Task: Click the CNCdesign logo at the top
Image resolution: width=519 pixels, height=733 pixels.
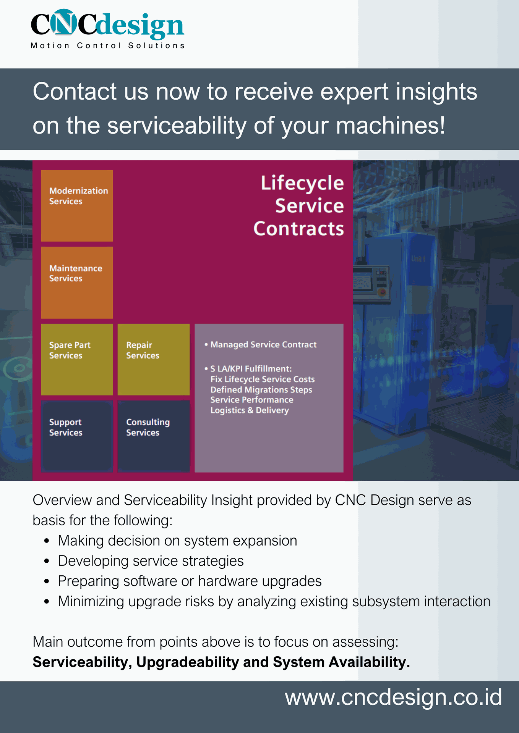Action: pyautogui.click(x=107, y=24)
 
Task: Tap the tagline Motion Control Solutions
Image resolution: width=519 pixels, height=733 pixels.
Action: pyautogui.click(x=108, y=45)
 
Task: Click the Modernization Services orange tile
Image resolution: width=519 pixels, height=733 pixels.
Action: pyautogui.click(x=77, y=205)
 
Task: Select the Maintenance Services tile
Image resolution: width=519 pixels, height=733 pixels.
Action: pyautogui.click(x=77, y=283)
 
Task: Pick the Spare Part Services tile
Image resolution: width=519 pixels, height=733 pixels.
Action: pyautogui.click(x=77, y=359)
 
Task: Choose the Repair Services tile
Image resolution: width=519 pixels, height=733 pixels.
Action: pyautogui.click(x=153, y=359)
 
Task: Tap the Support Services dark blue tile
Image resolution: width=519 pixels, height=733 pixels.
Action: pyautogui.click(x=77, y=436)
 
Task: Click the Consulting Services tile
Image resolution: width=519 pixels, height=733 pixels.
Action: pyautogui.click(x=153, y=436)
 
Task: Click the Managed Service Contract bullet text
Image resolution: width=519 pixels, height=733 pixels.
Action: pyautogui.click(x=263, y=345)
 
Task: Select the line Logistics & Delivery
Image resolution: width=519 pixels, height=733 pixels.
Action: pyautogui.click(x=249, y=410)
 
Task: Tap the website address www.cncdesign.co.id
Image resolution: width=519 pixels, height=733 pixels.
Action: pyautogui.click(x=393, y=697)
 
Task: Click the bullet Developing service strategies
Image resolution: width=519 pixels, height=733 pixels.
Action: pyautogui.click(x=151, y=561)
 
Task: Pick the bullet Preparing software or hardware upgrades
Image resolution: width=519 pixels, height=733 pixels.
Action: pyautogui.click(x=190, y=581)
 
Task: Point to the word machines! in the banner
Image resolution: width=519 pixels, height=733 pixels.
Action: pyautogui.click(x=390, y=126)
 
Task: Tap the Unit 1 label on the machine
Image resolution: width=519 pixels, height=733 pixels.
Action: pyautogui.click(x=418, y=259)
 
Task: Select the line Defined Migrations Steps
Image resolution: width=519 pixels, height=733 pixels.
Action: pyautogui.click(x=261, y=390)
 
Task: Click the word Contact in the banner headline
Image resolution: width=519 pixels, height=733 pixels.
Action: pyautogui.click(x=75, y=92)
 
